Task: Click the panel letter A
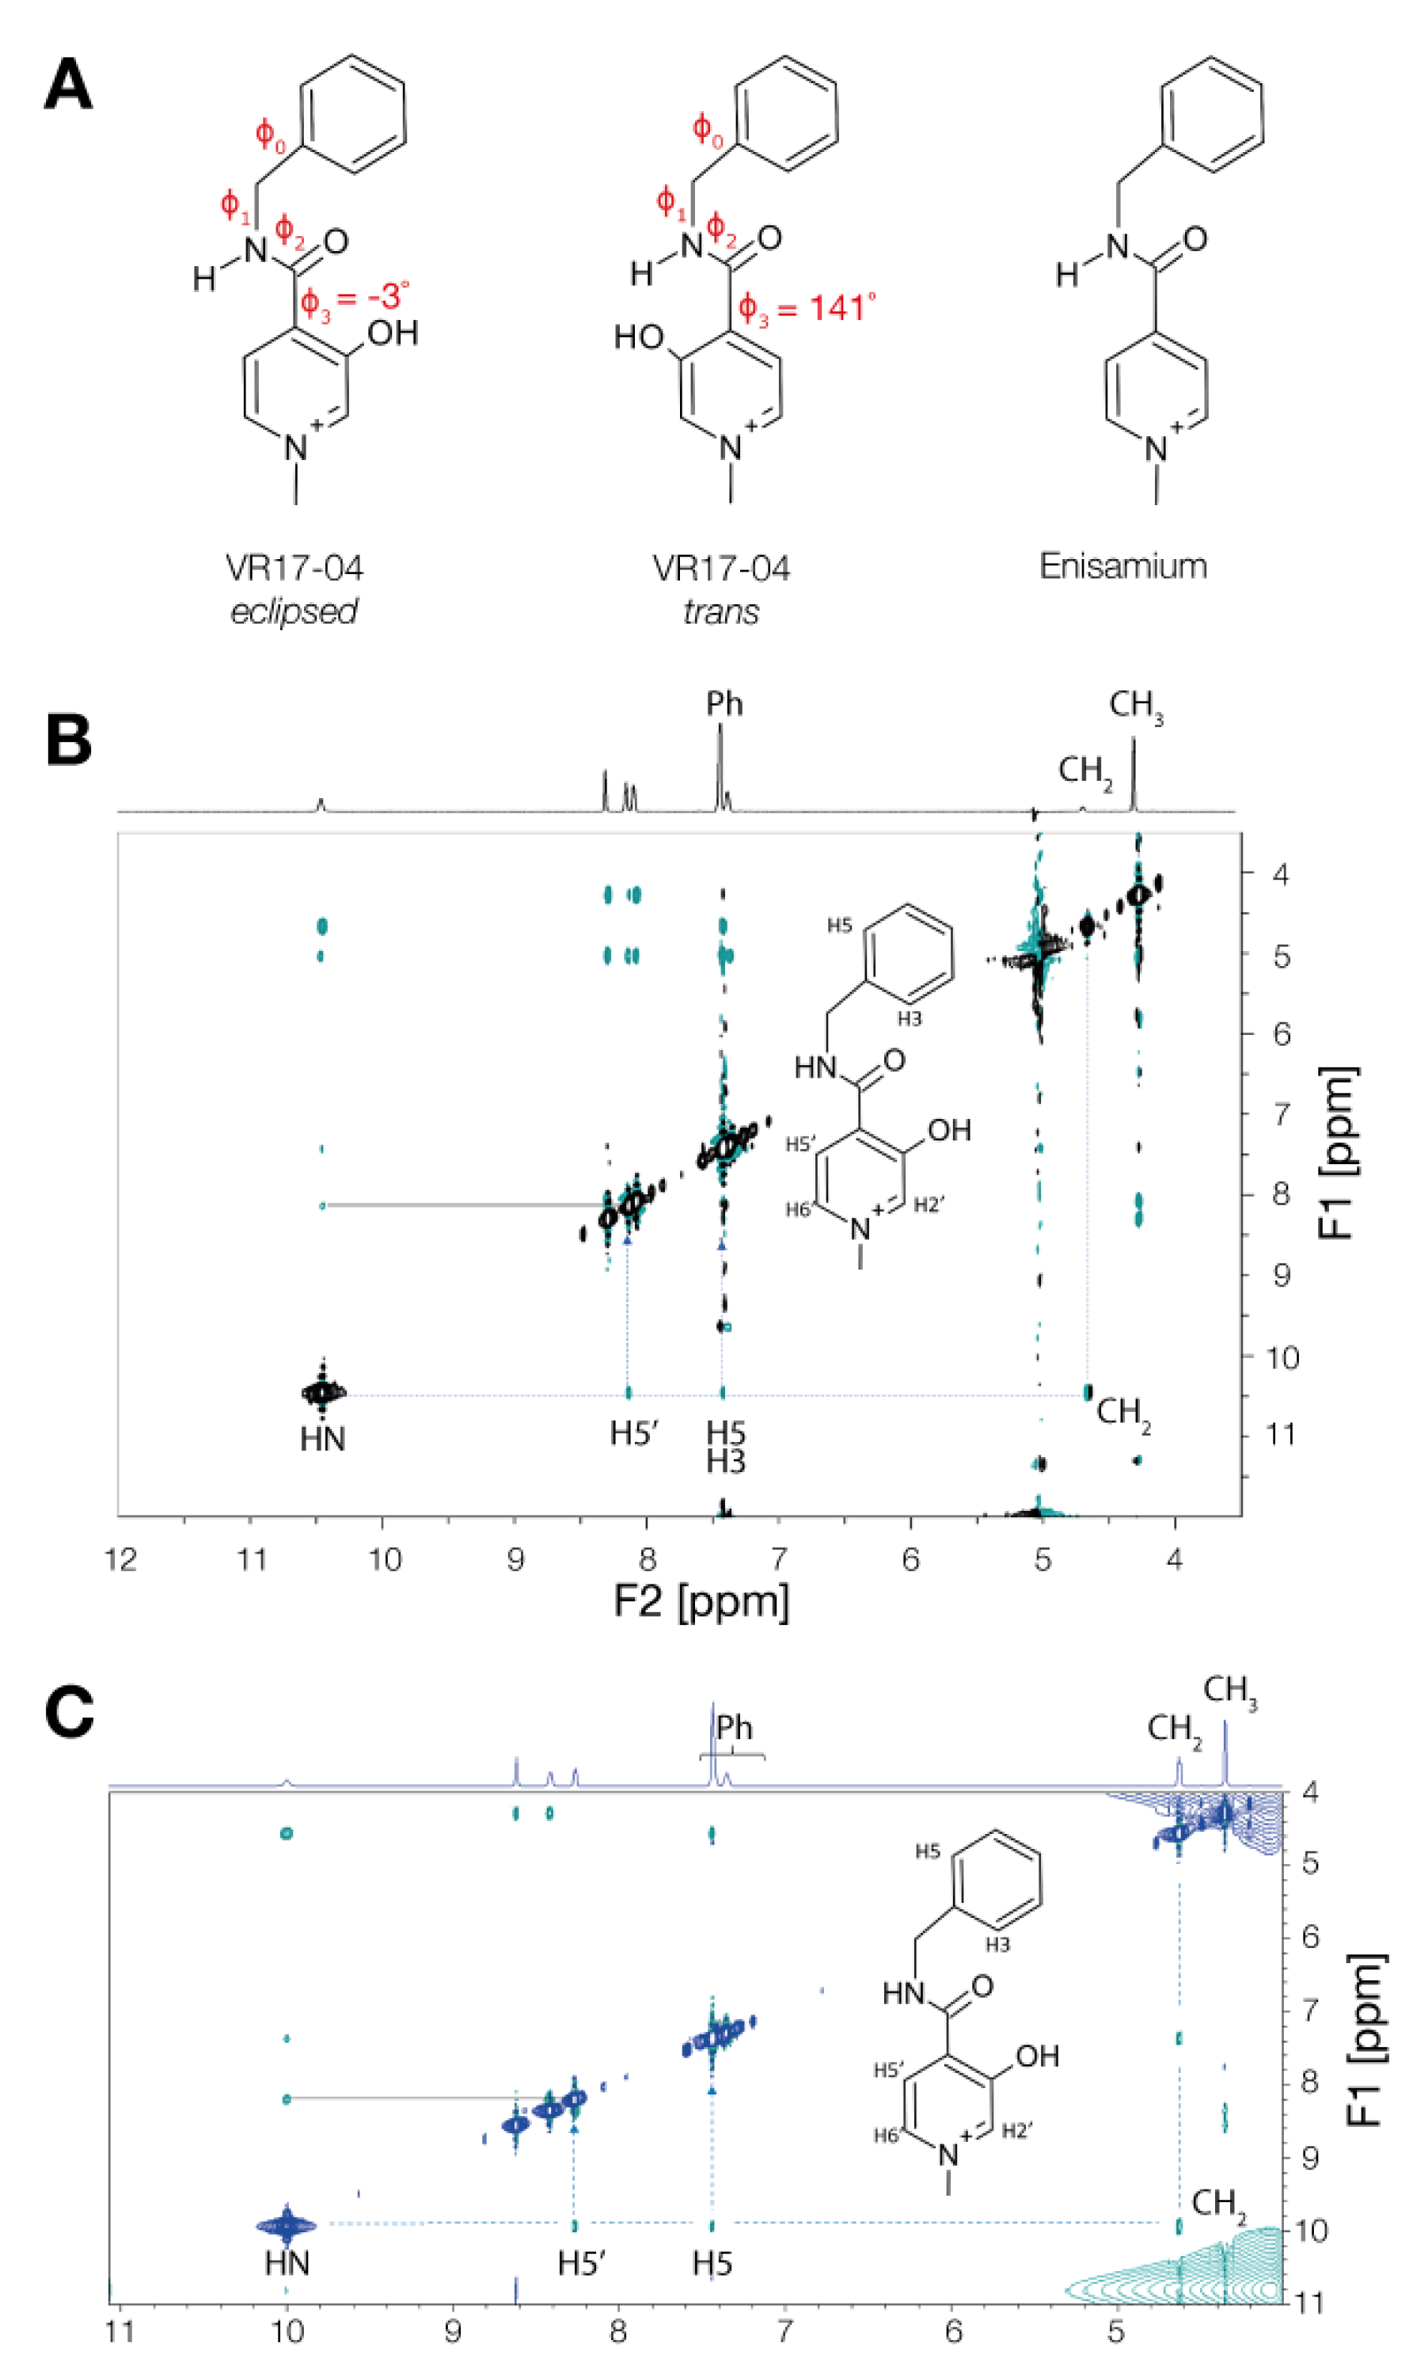click(69, 86)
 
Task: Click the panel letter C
click(69, 1711)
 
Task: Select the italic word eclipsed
click(294, 611)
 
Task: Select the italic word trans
click(721, 611)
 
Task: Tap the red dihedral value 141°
click(841, 307)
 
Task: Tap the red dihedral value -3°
click(386, 296)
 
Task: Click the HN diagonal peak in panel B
click(324, 1392)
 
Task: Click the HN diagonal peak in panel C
click(287, 2227)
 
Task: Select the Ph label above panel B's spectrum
click(724, 704)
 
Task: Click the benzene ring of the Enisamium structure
click(1211, 116)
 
